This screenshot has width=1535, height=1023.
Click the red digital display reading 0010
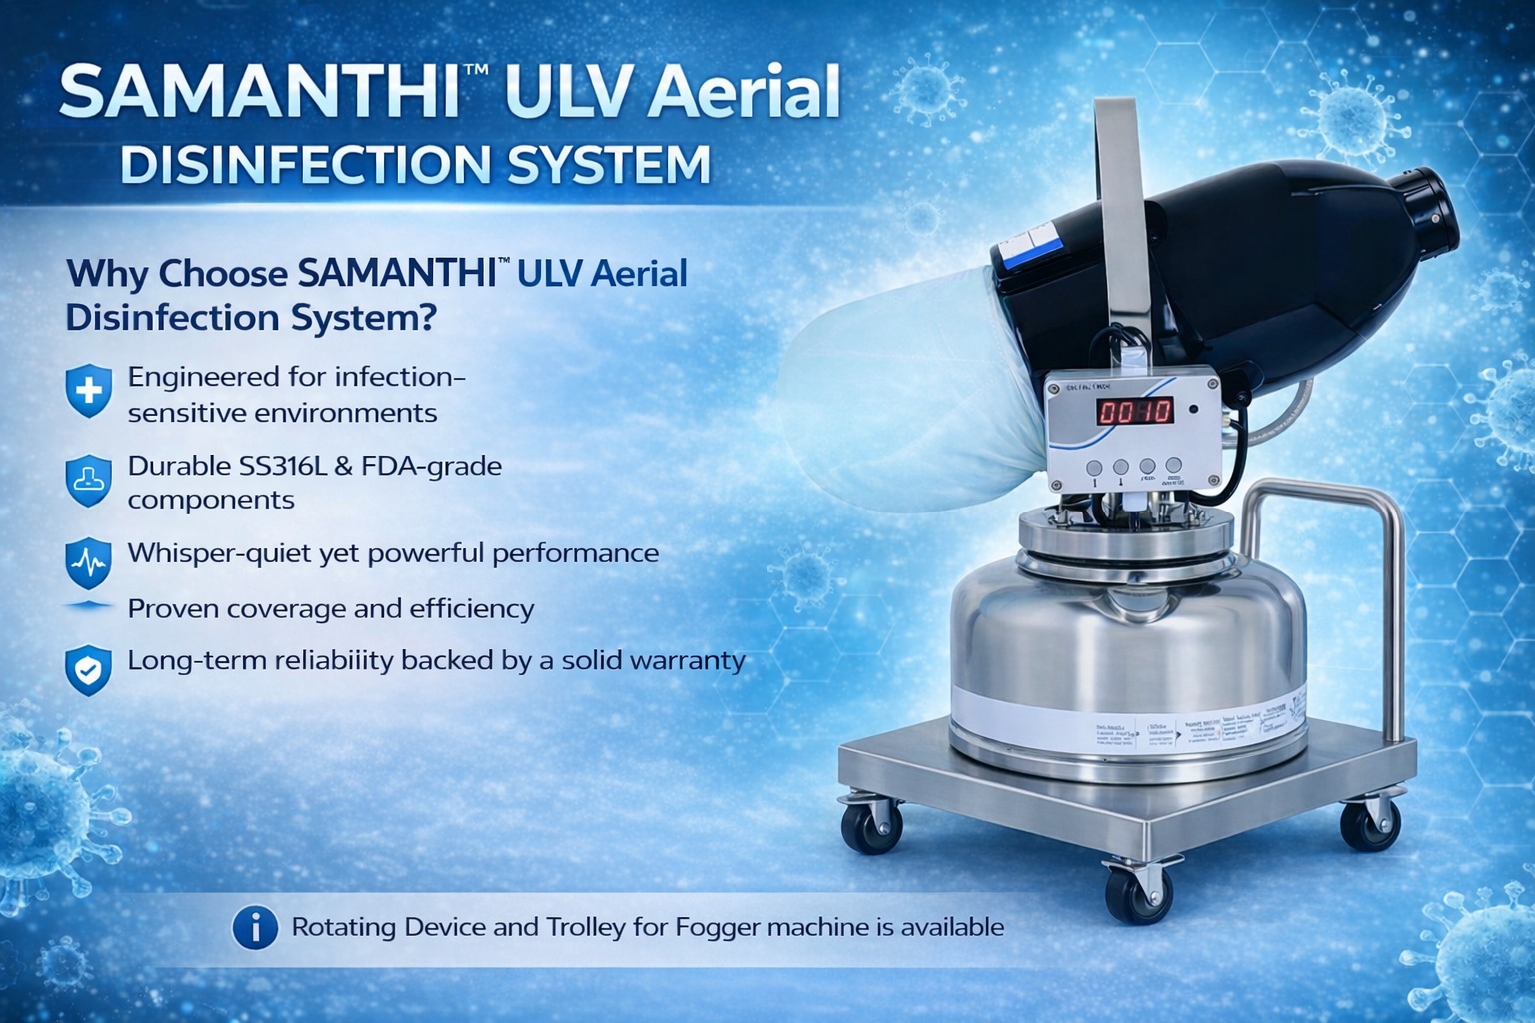[x=1134, y=411]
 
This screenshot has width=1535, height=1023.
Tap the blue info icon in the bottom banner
[x=255, y=928]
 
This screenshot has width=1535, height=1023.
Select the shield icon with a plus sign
[x=88, y=391]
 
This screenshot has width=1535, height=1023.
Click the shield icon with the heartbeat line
[x=87, y=563]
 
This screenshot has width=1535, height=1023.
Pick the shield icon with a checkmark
[x=88, y=670]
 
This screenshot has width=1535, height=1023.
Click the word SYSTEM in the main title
[x=609, y=165]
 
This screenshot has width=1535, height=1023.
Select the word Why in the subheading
[x=106, y=274]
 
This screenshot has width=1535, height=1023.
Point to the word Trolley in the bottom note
[x=585, y=927]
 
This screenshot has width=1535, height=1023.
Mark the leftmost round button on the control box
[x=1094, y=467]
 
